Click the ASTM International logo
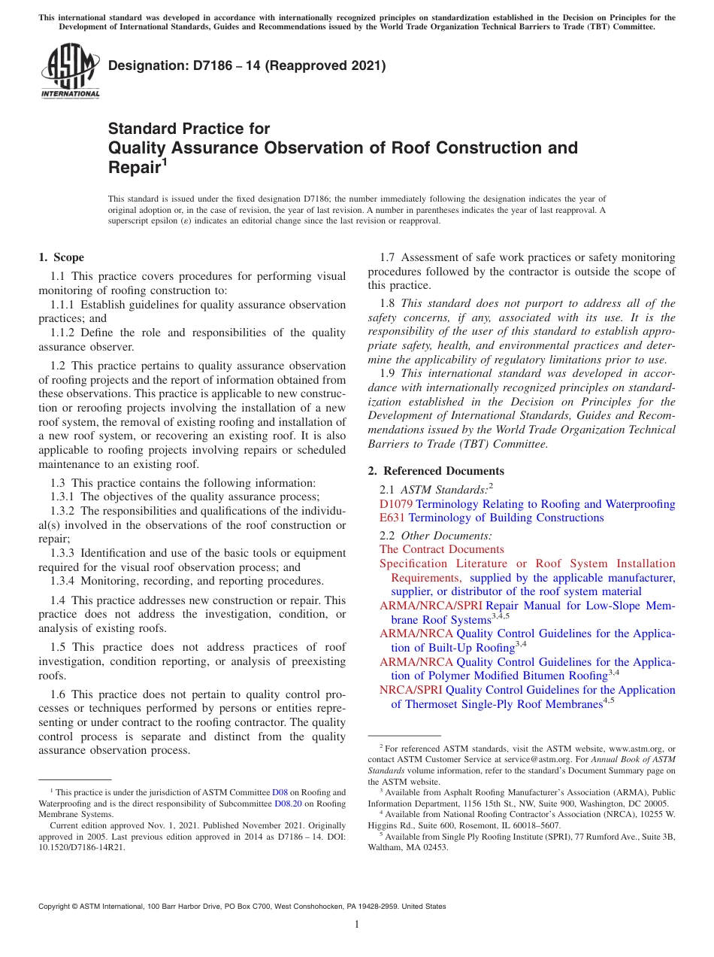[69, 71]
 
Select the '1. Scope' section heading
[62, 257]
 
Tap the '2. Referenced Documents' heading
[436, 471]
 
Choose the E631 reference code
[392, 518]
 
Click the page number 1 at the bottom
[357, 925]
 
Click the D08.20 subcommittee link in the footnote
[288, 804]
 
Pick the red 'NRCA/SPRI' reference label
[411, 690]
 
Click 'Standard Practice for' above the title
[189, 129]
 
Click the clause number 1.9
[389, 372]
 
